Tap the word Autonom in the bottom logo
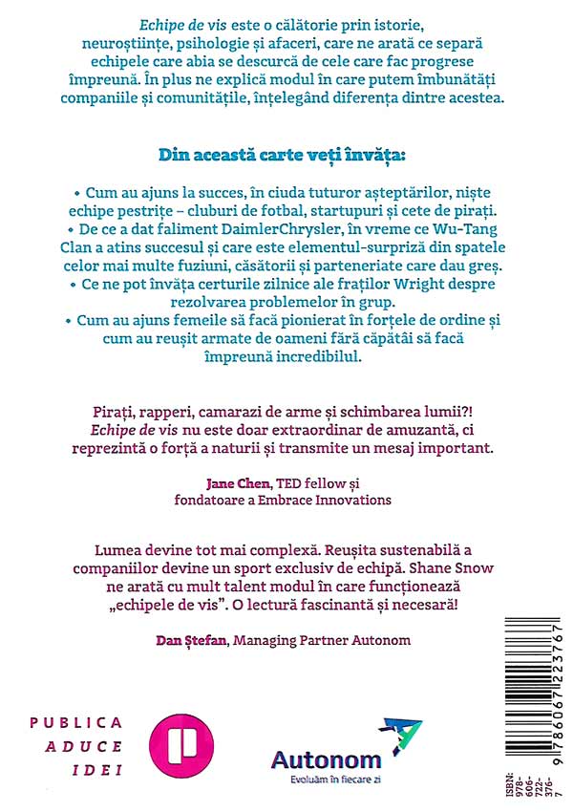pos(326,759)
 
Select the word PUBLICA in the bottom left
pos(75,723)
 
